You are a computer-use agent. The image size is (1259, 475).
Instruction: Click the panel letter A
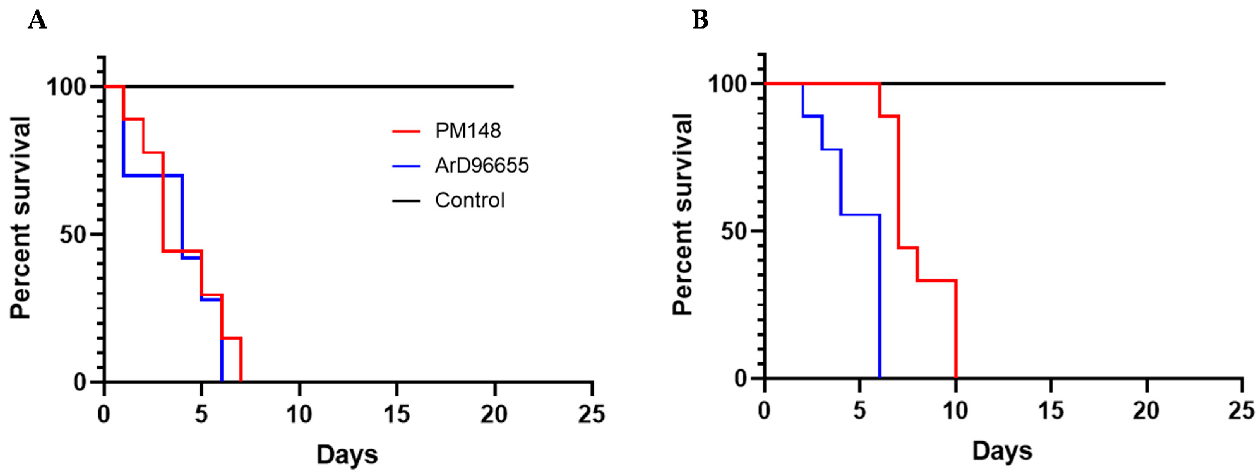(37, 21)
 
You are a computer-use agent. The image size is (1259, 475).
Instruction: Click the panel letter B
(700, 21)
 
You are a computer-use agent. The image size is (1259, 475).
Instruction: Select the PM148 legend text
(468, 131)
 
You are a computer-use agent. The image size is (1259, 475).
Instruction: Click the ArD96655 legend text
(481, 166)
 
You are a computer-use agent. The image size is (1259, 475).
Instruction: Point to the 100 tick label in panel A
(67, 87)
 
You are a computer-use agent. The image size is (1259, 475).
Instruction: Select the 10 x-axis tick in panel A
(299, 414)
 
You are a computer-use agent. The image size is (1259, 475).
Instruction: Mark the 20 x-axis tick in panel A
(494, 414)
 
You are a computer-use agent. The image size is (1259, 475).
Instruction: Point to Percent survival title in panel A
(21, 217)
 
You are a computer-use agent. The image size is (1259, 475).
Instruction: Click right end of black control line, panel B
(1163, 84)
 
